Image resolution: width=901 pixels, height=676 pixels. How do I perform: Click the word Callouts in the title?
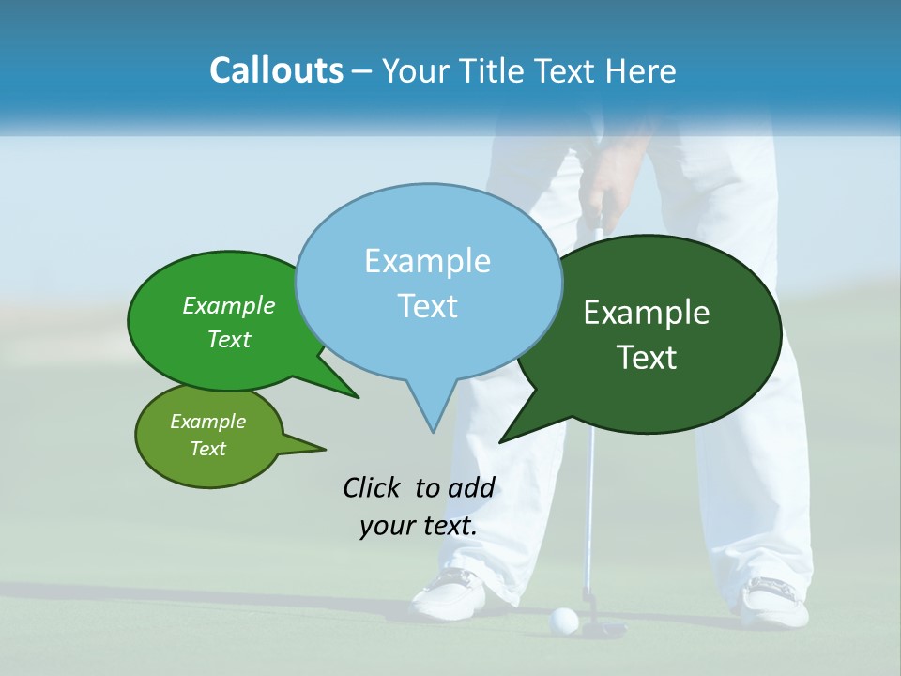pyautogui.click(x=277, y=70)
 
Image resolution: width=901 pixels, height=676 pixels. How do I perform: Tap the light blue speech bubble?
pyautogui.click(x=428, y=282)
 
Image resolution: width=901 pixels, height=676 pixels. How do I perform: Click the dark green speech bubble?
pyautogui.click(x=657, y=333)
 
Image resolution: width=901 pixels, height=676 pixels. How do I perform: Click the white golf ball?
pyautogui.click(x=563, y=619)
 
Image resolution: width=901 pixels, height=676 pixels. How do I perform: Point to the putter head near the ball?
pyautogui.click(x=601, y=627)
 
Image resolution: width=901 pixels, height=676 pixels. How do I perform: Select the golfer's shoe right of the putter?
pyautogui.click(x=775, y=601)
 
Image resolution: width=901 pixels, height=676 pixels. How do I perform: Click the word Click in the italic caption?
pyautogui.click(x=373, y=487)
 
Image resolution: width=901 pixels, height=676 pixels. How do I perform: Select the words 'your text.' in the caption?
pyautogui.click(x=419, y=526)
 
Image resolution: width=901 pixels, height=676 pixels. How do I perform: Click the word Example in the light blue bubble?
pyautogui.click(x=428, y=260)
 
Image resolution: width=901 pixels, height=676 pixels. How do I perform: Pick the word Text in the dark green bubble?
pyautogui.click(x=648, y=358)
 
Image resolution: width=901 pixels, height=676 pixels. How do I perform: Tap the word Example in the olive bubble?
pyautogui.click(x=208, y=422)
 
